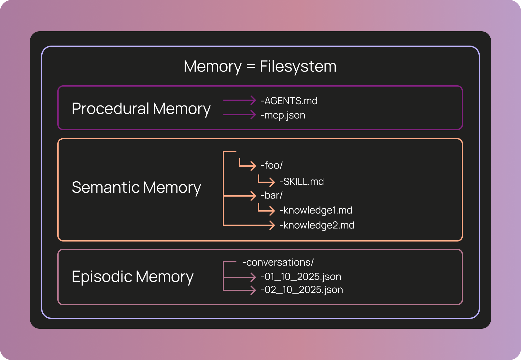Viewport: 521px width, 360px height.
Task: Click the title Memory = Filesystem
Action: point(260,66)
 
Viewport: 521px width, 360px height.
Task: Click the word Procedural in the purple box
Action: point(110,108)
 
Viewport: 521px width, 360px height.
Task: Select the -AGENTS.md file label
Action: point(289,101)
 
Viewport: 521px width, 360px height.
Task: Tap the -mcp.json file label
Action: point(283,115)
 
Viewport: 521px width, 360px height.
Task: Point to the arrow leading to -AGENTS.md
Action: point(240,100)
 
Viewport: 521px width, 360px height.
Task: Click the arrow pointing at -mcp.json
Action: point(240,115)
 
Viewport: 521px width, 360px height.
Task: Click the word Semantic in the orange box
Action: point(106,187)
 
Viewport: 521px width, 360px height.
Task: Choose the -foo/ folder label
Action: point(272,165)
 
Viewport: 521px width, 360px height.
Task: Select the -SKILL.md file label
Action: point(302,182)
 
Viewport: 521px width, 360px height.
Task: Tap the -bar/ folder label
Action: point(272,195)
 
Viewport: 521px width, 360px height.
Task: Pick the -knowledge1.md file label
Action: point(316,210)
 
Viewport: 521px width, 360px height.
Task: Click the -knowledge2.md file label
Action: point(317,225)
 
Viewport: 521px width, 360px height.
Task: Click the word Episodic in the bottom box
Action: point(102,277)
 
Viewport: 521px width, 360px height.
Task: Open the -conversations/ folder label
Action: point(278,262)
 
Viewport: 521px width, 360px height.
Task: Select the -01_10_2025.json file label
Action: point(301,277)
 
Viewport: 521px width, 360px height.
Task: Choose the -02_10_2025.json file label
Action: point(302,290)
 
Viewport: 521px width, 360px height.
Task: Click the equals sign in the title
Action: point(251,67)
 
